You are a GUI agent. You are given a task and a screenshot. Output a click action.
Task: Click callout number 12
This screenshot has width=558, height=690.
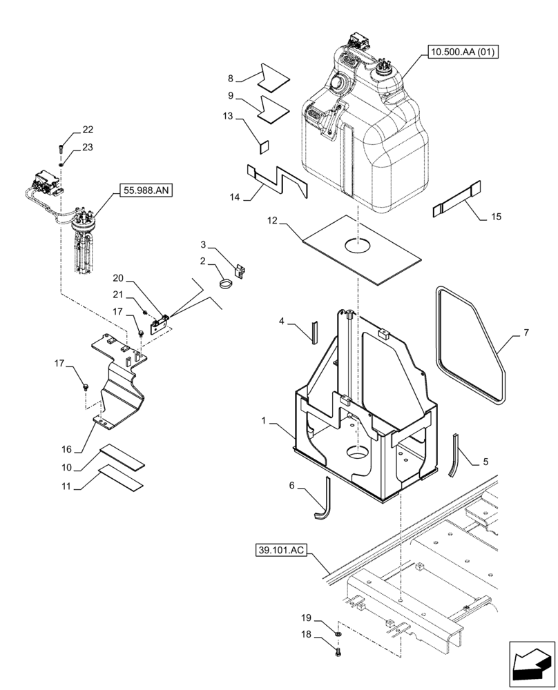273,222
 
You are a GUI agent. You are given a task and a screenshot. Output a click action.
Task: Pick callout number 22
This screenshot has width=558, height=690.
88,130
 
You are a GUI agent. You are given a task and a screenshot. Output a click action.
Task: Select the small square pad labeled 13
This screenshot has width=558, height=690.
264,146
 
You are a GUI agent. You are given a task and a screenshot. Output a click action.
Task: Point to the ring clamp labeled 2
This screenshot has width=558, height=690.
225,282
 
